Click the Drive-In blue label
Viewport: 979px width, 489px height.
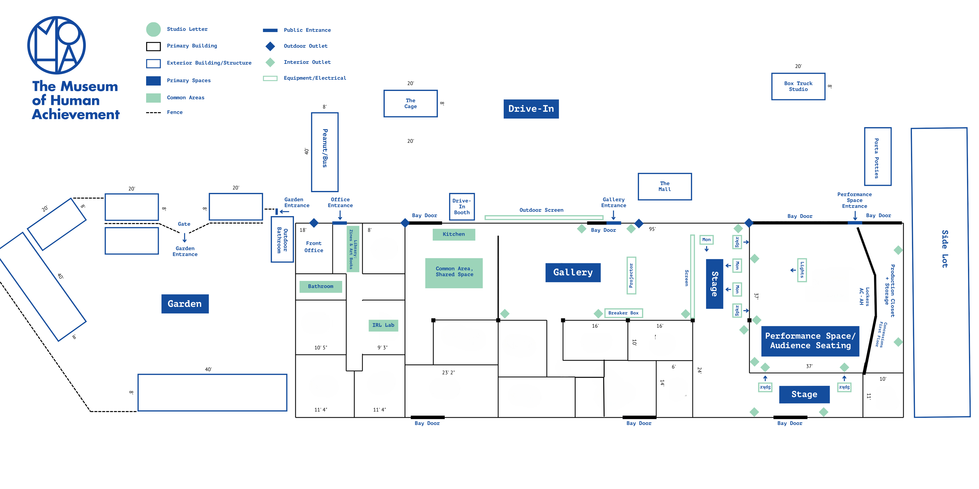tap(531, 109)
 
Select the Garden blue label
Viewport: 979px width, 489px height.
tap(185, 304)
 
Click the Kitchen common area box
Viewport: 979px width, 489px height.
tap(454, 234)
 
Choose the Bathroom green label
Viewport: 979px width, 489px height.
tap(320, 287)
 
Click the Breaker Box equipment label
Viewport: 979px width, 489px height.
tap(623, 313)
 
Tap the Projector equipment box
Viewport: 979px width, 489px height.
tap(631, 275)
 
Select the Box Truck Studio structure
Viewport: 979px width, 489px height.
tap(798, 87)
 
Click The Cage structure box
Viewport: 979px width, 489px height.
tap(410, 103)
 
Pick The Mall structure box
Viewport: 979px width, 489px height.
tap(665, 186)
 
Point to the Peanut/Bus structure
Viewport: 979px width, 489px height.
tap(325, 152)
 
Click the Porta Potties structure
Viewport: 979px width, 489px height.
tap(877, 156)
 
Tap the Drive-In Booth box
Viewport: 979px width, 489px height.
tap(462, 207)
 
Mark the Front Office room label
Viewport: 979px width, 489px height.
tap(314, 247)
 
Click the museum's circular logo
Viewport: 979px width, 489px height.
tap(57, 45)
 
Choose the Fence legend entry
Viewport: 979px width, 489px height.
tap(175, 112)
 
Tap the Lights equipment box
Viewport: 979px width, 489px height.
tap(802, 270)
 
